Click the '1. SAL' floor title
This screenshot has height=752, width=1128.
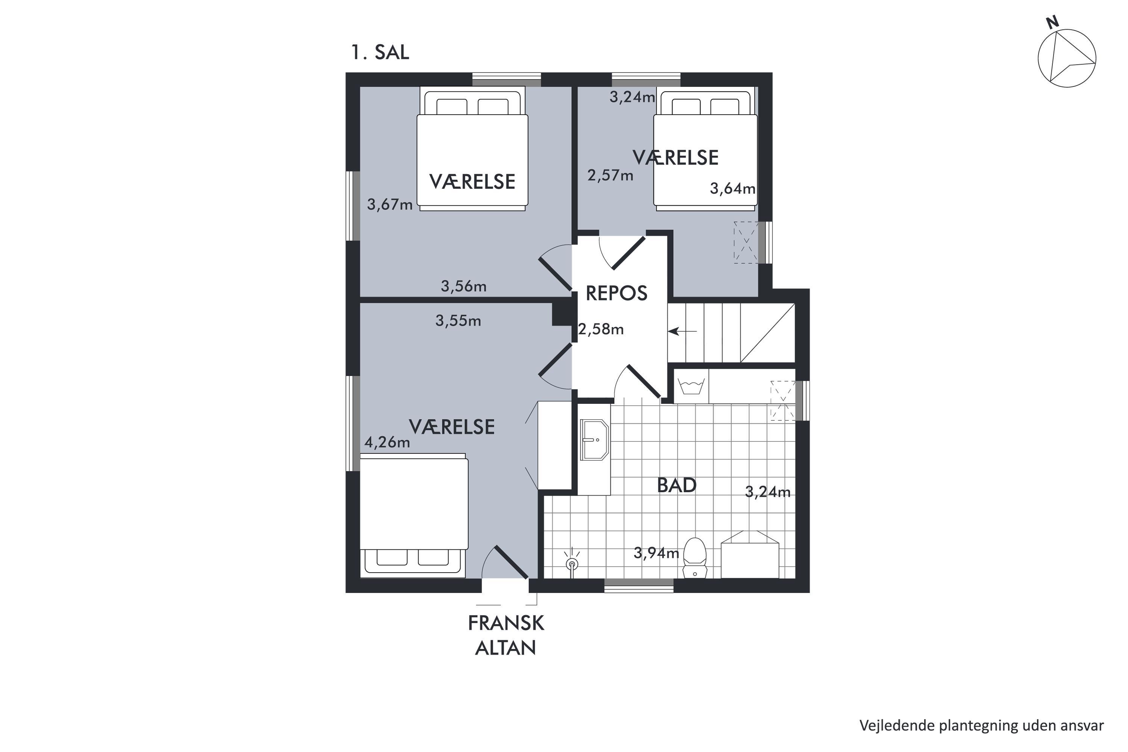pos(380,52)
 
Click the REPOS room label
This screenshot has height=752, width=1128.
pos(616,293)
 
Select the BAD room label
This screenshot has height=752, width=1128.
pos(677,485)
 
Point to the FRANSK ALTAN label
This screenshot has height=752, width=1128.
pos(506,635)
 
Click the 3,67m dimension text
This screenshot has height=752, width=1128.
pos(390,205)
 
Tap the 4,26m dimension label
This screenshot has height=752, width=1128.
pos(387,442)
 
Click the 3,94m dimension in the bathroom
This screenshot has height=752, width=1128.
pos(656,553)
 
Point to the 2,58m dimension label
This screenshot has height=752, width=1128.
pos(601,329)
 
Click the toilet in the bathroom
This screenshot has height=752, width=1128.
pos(695,557)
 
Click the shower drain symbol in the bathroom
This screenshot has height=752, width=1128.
pos(571,564)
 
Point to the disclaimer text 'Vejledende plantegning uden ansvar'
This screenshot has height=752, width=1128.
pos(982,726)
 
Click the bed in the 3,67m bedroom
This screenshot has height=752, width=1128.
pos(472,149)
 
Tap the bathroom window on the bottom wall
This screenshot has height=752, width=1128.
pos(639,585)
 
